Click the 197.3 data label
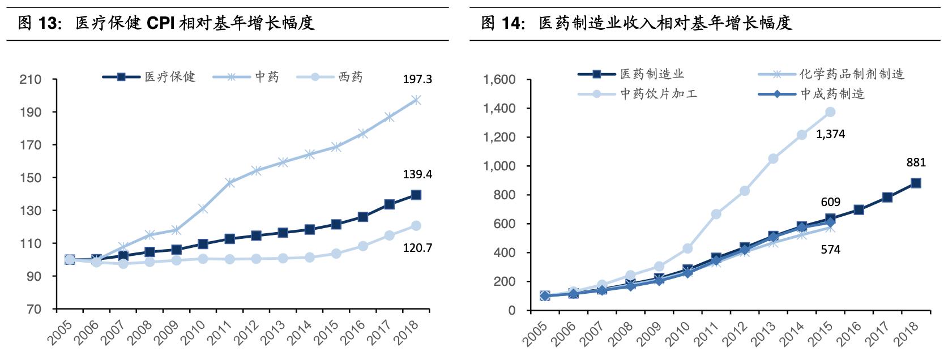(x=417, y=79)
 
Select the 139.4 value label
(x=417, y=174)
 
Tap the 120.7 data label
(x=417, y=247)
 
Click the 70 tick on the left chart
(x=33, y=309)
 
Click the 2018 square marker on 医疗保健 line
(x=416, y=195)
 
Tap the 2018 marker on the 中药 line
(x=416, y=100)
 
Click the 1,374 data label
(x=830, y=135)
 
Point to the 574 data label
(x=830, y=250)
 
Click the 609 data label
(x=830, y=202)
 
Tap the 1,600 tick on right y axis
(x=499, y=80)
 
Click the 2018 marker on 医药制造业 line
(x=916, y=183)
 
